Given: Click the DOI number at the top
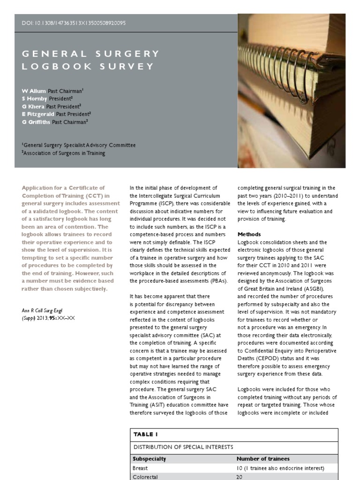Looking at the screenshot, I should pos(74,23).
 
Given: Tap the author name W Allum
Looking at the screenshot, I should pos(34,90).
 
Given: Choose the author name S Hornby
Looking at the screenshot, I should pos(35,98).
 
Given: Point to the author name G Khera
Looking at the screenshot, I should pos(33,106).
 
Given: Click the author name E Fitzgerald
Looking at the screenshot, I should pos(38,114).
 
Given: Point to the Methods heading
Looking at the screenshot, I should pos(249,234).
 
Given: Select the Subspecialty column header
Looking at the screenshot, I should pos(150,459).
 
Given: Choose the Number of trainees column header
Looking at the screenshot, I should pos(263,459).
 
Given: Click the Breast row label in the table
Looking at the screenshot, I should pos(140,468).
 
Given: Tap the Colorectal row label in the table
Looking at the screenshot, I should pos(145,477).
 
